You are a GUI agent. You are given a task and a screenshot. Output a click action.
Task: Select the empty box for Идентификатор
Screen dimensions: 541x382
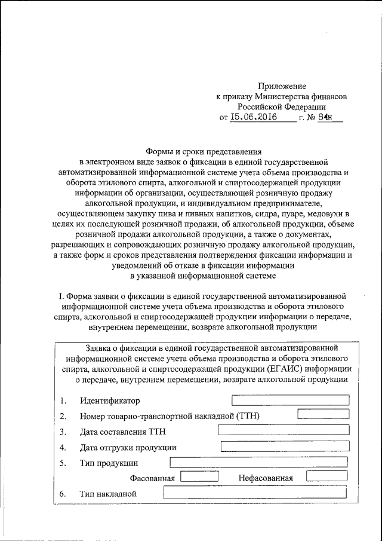click(x=290, y=400)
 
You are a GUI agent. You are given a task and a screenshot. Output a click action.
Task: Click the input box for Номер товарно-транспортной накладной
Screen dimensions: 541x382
click(x=323, y=414)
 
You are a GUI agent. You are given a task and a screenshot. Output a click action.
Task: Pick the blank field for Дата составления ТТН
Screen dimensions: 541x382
click(x=284, y=429)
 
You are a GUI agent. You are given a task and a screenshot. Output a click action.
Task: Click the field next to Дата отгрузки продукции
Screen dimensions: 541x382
click(x=285, y=445)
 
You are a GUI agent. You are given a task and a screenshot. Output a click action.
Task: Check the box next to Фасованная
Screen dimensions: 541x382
click(x=199, y=476)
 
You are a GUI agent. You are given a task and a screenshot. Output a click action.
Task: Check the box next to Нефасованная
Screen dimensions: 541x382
click(x=326, y=476)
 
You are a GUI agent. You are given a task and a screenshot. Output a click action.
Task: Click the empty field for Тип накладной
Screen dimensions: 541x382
click(x=255, y=493)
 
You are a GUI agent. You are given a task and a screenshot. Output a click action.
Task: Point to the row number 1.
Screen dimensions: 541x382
click(x=63, y=401)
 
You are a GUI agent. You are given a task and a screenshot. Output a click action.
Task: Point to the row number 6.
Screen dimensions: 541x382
click(x=63, y=494)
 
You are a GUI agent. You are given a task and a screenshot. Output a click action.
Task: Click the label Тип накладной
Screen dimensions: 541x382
click(x=108, y=494)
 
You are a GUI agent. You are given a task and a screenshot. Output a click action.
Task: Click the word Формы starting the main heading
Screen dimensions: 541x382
click(x=160, y=151)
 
